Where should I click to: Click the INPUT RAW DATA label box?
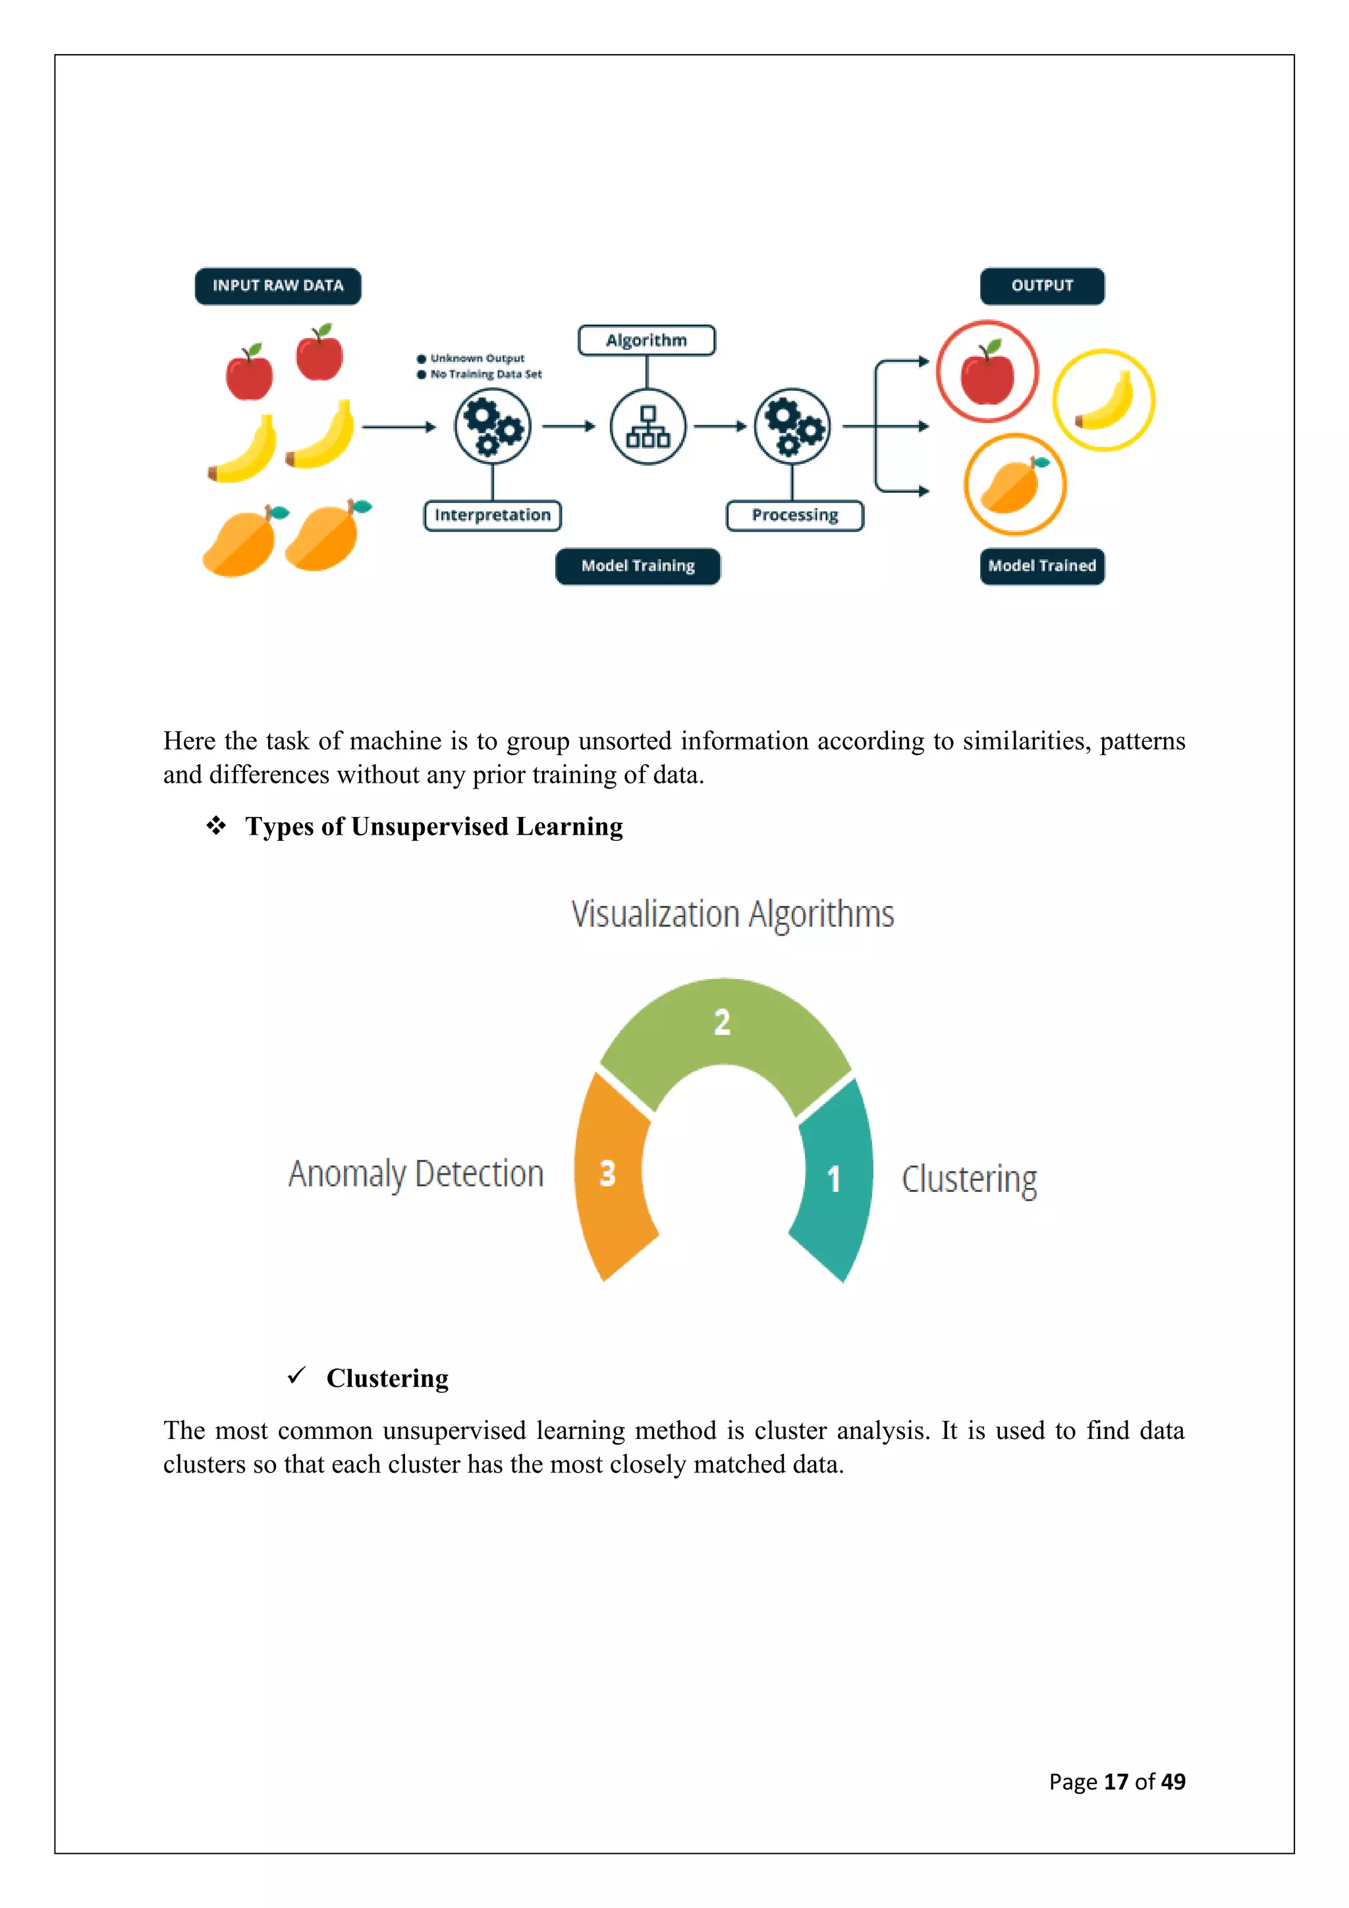[277, 286]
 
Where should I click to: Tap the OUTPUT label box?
[1041, 286]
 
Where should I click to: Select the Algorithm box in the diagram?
[646, 341]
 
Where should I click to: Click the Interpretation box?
[493, 515]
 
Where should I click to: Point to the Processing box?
[795, 515]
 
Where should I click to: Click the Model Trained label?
[1041, 566]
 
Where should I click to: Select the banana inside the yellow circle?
[1105, 401]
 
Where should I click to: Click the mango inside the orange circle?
[1012, 486]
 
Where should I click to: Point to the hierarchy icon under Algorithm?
[648, 426]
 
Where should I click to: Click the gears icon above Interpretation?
[493, 426]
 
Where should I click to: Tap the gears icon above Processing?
[792, 426]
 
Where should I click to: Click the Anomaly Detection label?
[416, 1174]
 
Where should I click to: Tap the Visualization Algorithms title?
[732, 914]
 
